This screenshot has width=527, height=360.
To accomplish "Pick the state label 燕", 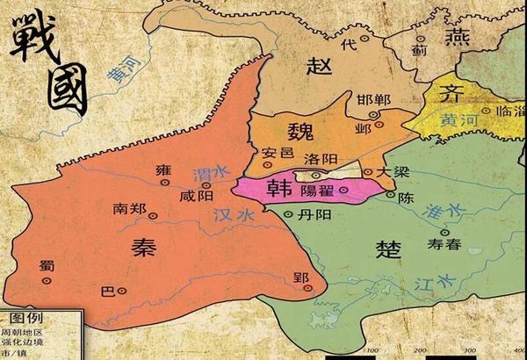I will [x=458, y=36].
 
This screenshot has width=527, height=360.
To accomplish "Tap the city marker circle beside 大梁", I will [x=367, y=173].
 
